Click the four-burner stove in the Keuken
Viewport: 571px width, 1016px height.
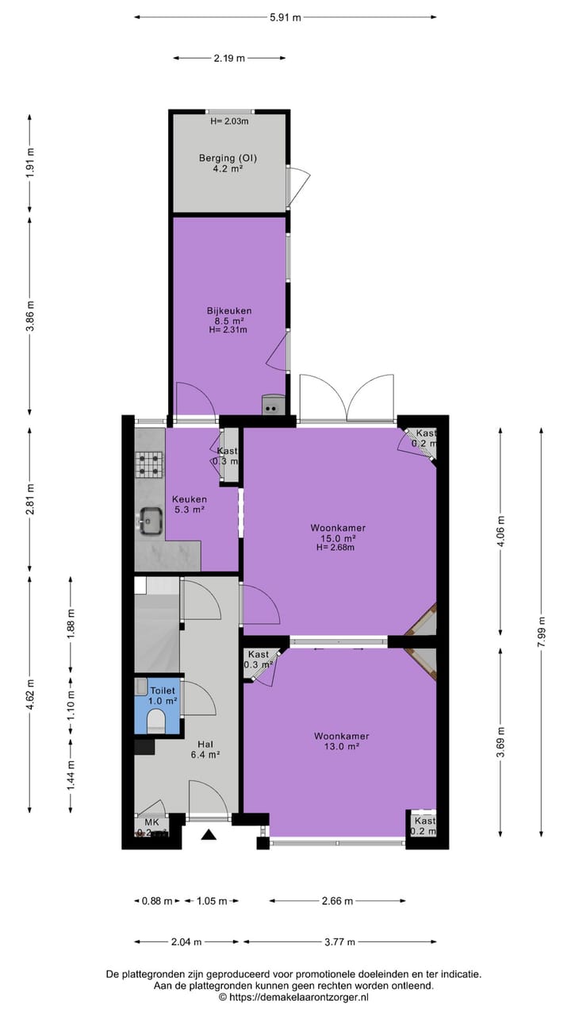pyautogui.click(x=148, y=464)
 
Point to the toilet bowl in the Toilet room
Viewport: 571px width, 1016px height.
pyautogui.click(x=156, y=721)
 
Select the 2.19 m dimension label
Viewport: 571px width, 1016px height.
pyautogui.click(x=229, y=57)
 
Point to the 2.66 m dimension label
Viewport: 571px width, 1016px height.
pyautogui.click(x=337, y=901)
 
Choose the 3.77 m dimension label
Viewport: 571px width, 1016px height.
pyautogui.click(x=339, y=942)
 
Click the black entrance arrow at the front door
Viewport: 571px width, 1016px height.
pyautogui.click(x=209, y=834)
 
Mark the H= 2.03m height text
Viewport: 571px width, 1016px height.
pyautogui.click(x=229, y=121)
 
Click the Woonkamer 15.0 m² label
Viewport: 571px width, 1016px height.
pyautogui.click(x=338, y=537)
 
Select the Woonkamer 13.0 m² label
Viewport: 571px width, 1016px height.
pyautogui.click(x=340, y=741)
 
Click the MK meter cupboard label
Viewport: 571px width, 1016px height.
pyautogui.click(x=151, y=822)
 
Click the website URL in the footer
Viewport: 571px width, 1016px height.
pyautogui.click(x=293, y=998)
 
